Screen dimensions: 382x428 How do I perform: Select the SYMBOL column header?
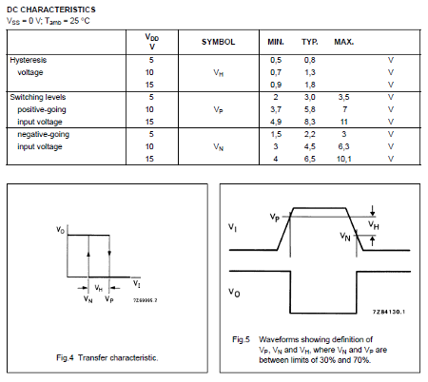[x=218, y=43]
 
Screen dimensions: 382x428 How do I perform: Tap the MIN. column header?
[x=276, y=43]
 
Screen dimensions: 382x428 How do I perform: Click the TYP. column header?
[x=310, y=43]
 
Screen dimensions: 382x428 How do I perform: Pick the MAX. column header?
[x=343, y=43]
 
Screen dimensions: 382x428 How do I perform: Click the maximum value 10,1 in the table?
[x=343, y=160]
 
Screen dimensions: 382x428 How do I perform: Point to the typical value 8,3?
[x=310, y=122]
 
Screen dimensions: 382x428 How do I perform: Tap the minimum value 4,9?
[x=276, y=122]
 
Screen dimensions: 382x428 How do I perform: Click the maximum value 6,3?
[x=343, y=147]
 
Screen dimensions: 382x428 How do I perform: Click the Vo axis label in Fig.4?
[x=59, y=231]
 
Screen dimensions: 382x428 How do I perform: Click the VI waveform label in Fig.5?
[x=233, y=228]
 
